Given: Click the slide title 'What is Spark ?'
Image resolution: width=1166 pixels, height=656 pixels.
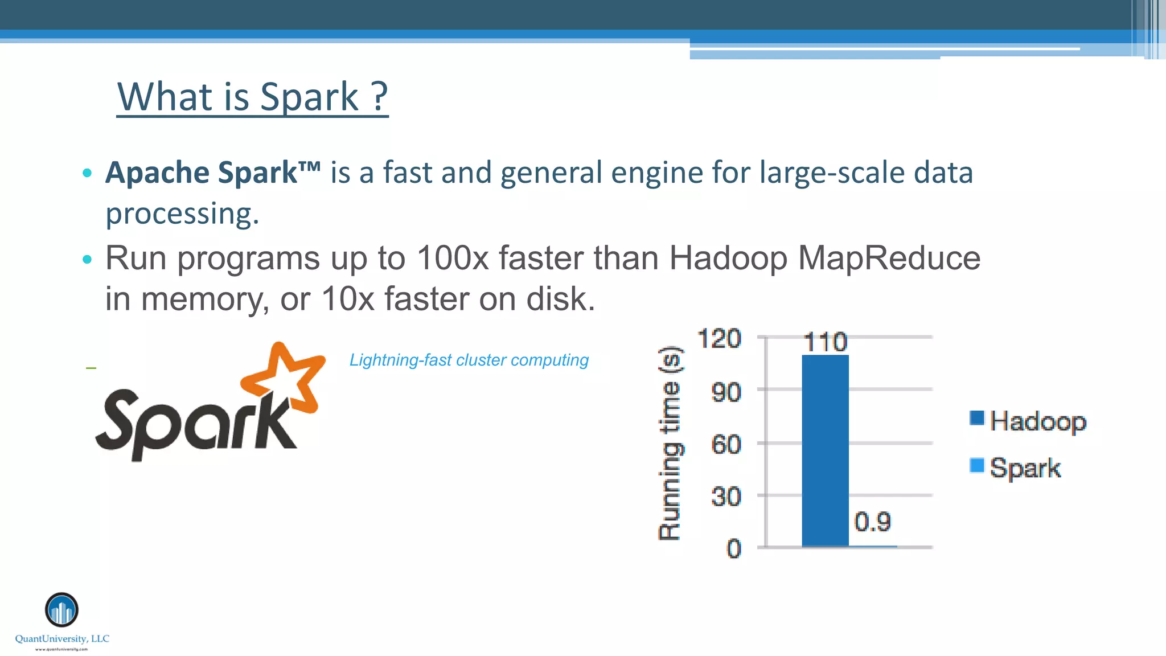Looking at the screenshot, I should point(252,97).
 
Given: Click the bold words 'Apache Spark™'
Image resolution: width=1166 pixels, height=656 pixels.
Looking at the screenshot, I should point(212,173).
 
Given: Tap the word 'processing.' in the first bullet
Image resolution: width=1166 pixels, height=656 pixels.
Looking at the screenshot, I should point(182,214).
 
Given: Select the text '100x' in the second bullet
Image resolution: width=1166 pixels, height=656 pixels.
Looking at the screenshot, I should point(452,258).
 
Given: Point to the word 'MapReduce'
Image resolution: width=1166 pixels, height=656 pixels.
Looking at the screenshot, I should point(889,258).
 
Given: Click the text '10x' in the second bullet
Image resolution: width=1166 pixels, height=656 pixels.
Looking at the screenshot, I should point(347,299).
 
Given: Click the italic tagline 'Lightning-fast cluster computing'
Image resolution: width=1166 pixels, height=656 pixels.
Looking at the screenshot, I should point(469,360).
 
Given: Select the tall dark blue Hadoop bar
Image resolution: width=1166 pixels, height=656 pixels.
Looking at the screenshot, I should point(825,450).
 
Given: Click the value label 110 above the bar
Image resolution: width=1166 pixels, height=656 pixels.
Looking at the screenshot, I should point(825,342).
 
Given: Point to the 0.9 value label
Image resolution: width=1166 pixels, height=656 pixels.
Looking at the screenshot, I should point(872,522).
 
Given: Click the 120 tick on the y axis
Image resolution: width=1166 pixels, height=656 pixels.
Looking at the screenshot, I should point(720,339).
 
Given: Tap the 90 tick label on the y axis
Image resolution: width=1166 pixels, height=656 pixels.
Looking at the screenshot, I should point(726,392).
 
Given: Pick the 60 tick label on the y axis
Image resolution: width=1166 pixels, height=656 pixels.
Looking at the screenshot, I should point(726,444).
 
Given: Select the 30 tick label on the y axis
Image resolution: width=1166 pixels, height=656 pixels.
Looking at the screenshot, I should point(726,497).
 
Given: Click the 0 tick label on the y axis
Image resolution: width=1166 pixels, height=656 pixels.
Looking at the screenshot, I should point(734,549).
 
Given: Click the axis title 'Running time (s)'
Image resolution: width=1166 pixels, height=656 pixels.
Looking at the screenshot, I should point(670,443).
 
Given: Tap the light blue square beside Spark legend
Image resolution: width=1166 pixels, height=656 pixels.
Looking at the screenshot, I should point(977,466).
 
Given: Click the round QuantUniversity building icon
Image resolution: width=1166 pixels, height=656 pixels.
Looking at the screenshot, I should point(61,610).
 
